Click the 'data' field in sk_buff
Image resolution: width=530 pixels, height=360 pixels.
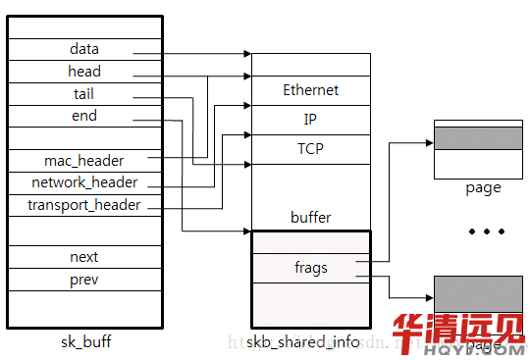tap(84, 49)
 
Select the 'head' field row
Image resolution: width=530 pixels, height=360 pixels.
tap(84, 72)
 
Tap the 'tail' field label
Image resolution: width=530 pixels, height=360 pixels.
tap(84, 94)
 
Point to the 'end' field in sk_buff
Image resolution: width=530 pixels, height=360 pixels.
tap(84, 116)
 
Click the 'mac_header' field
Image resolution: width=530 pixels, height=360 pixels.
tap(84, 161)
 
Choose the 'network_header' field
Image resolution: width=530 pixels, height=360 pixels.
tap(84, 182)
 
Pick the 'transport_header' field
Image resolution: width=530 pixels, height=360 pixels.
tap(84, 205)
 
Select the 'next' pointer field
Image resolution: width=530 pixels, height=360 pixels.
tap(84, 257)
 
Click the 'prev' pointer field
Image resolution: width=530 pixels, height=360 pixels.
tap(84, 280)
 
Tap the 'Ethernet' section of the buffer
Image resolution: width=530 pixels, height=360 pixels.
tap(310, 90)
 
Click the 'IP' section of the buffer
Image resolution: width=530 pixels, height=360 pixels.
tap(310, 120)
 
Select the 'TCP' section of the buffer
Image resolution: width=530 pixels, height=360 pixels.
tap(310, 149)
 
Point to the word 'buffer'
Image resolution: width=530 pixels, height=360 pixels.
tap(310, 217)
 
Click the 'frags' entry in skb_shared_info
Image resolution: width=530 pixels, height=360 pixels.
tap(310, 267)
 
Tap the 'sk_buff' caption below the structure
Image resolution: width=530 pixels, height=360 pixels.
tap(84, 340)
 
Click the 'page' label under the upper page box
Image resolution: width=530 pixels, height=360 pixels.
tap(483, 187)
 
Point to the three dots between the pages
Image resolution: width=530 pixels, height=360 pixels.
tap(486, 232)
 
